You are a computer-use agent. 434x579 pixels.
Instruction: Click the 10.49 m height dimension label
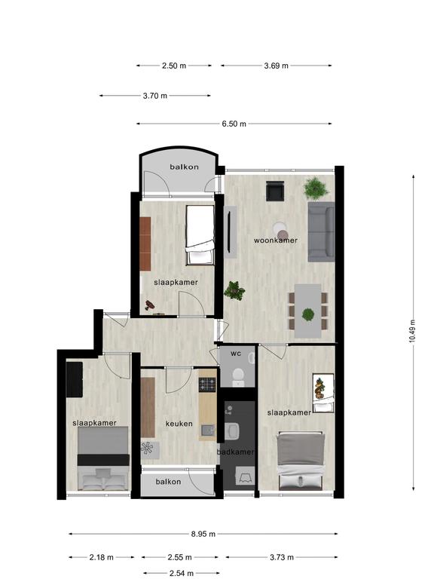(412, 331)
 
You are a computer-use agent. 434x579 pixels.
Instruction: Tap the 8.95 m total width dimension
(203, 534)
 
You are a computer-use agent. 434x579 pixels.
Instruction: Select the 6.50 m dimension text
(234, 124)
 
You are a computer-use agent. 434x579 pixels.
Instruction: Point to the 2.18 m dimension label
(102, 557)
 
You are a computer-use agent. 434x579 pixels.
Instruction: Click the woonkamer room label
(276, 240)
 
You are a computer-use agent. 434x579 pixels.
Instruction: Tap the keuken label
(179, 424)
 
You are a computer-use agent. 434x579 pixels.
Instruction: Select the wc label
(236, 354)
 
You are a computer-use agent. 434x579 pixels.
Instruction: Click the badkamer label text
(236, 452)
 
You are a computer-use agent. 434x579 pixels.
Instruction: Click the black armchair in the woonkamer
(275, 191)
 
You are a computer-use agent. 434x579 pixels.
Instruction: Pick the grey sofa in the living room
(321, 231)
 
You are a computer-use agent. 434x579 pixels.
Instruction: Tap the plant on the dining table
(307, 315)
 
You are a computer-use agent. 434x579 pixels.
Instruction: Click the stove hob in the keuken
(207, 384)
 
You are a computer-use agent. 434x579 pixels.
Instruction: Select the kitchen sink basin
(207, 430)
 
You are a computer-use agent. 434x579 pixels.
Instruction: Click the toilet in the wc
(238, 377)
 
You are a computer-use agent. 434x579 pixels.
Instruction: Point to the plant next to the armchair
(316, 188)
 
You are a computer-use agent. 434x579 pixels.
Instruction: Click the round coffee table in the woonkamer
(280, 230)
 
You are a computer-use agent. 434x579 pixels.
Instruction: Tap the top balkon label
(184, 167)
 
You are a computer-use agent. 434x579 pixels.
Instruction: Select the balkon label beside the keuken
(168, 482)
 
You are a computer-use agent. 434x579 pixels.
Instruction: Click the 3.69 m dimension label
(276, 66)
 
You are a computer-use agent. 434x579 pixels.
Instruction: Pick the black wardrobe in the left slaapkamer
(74, 380)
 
